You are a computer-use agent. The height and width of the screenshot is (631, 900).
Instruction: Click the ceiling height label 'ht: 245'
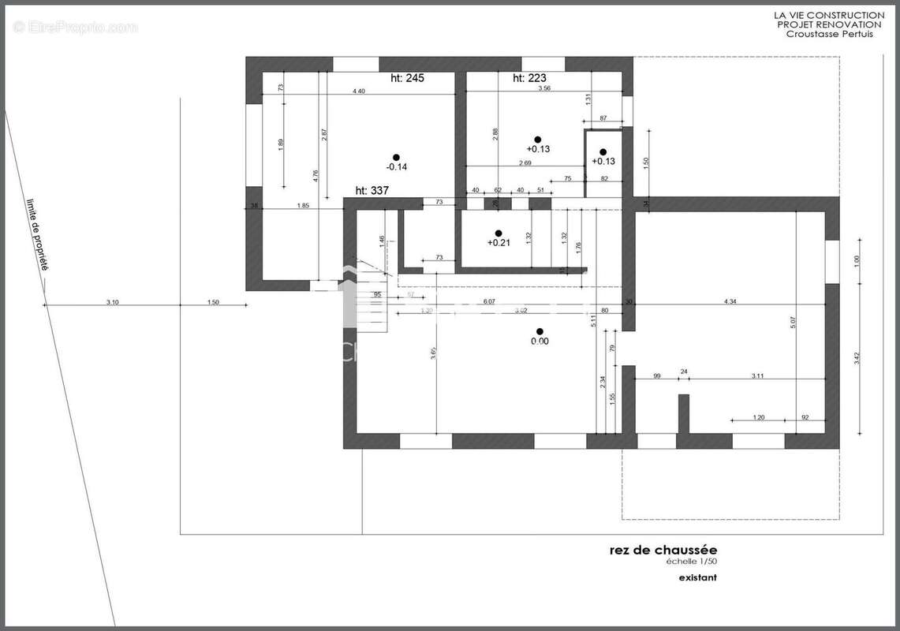point(408,78)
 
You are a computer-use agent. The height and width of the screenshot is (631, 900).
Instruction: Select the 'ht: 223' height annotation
point(529,78)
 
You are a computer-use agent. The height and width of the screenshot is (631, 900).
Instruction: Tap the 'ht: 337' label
point(372,190)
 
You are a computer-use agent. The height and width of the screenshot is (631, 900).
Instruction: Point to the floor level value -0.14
point(396,167)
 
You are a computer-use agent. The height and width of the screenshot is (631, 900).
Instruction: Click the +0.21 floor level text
point(499,243)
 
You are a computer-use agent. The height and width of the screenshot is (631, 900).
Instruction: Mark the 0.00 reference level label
point(540,342)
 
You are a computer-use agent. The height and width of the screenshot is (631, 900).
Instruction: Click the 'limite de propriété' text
point(36,235)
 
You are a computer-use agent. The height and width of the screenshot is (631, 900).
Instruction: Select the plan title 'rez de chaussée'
point(663,550)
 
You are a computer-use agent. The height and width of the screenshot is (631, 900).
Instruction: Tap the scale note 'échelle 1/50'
point(690,562)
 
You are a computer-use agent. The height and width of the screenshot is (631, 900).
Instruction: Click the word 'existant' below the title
point(698,578)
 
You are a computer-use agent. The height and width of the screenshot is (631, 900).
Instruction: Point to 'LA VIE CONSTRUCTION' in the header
point(828,15)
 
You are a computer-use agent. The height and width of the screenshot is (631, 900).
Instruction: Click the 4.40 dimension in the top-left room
point(358,91)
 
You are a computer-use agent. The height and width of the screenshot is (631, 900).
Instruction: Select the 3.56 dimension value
point(544,89)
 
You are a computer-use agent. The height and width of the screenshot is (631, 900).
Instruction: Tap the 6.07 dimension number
point(489,301)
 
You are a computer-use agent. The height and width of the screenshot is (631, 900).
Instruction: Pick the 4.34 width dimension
point(730,301)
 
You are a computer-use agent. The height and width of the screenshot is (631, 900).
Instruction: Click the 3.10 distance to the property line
point(112,301)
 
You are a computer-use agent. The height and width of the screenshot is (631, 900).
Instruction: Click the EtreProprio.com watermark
point(76,28)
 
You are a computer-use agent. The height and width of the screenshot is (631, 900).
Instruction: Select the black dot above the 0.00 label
point(540,331)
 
